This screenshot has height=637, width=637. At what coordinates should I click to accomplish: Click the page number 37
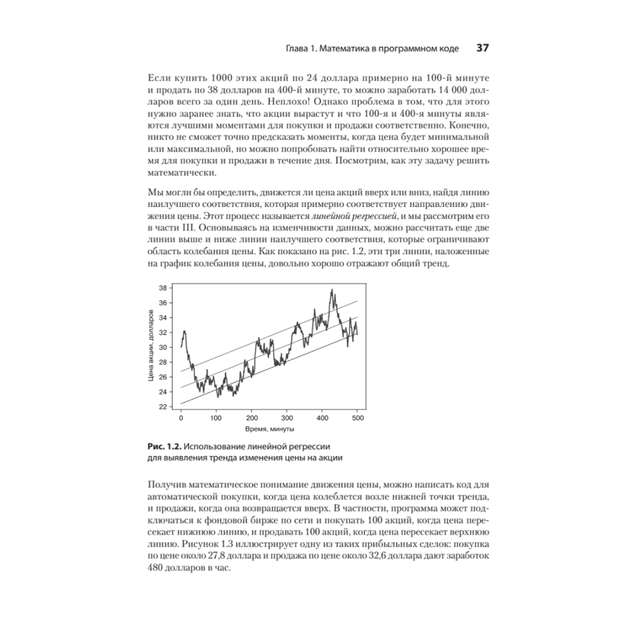click(482, 48)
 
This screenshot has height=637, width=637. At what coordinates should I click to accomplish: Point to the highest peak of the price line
click(332, 290)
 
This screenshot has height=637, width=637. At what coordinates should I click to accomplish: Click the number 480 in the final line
click(157, 571)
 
